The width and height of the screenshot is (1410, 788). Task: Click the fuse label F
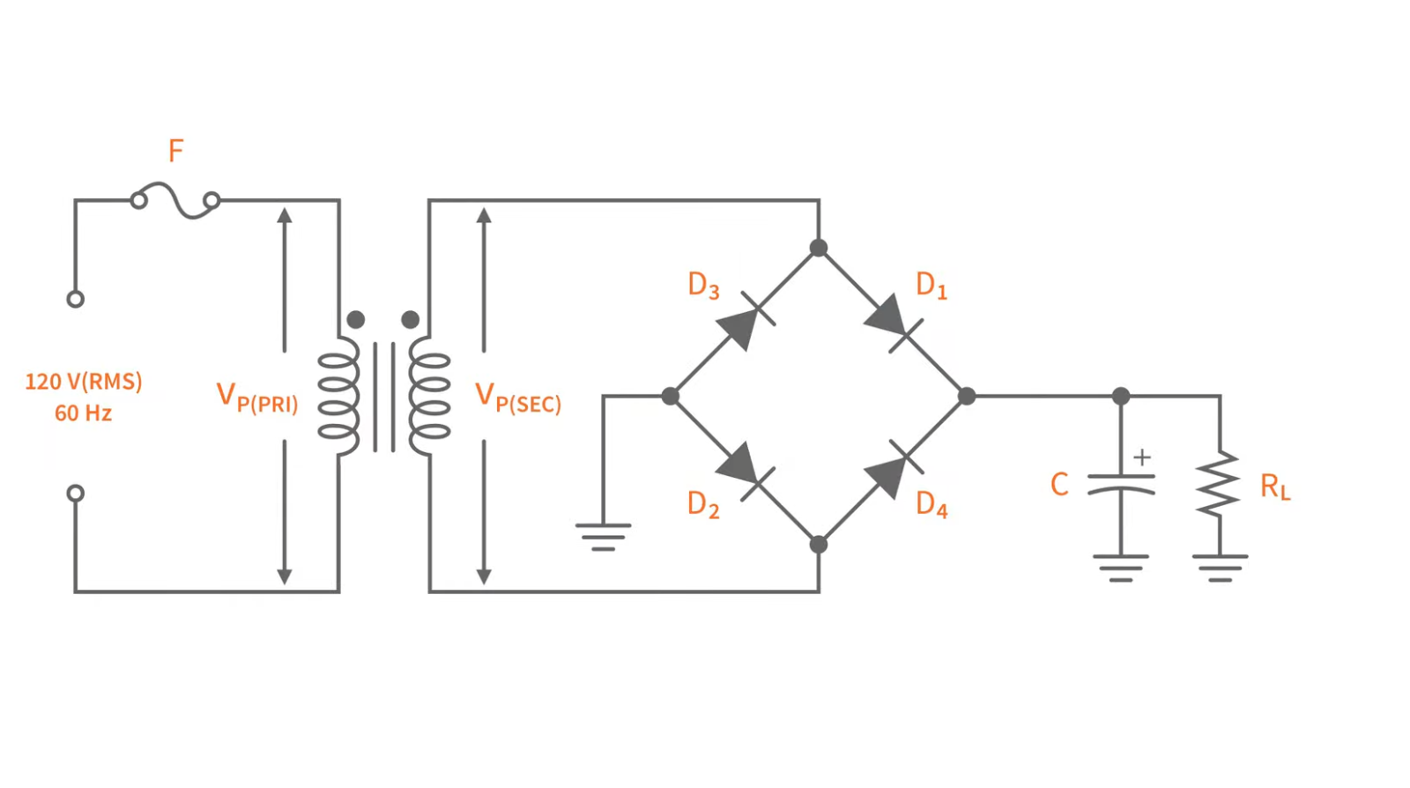(x=176, y=152)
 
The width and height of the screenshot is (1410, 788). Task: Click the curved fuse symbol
(x=175, y=200)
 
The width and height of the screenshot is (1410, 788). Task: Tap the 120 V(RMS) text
(x=84, y=382)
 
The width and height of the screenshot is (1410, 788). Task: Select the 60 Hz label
(x=83, y=413)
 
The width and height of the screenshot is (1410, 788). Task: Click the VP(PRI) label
(x=257, y=398)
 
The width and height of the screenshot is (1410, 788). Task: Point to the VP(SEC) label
(x=517, y=398)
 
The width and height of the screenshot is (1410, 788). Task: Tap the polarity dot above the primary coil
(x=356, y=319)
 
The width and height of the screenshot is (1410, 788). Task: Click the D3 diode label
(x=703, y=286)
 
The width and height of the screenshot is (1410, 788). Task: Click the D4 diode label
(x=931, y=504)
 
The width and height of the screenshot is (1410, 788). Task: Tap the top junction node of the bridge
(x=819, y=249)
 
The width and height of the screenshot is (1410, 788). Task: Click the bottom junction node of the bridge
(x=819, y=545)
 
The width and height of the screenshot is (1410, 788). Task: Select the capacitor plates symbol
(x=1120, y=484)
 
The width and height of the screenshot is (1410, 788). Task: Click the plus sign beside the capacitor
(x=1142, y=457)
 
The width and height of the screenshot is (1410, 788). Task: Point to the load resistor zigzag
(x=1220, y=484)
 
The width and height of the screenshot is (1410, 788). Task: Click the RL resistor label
(x=1274, y=487)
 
